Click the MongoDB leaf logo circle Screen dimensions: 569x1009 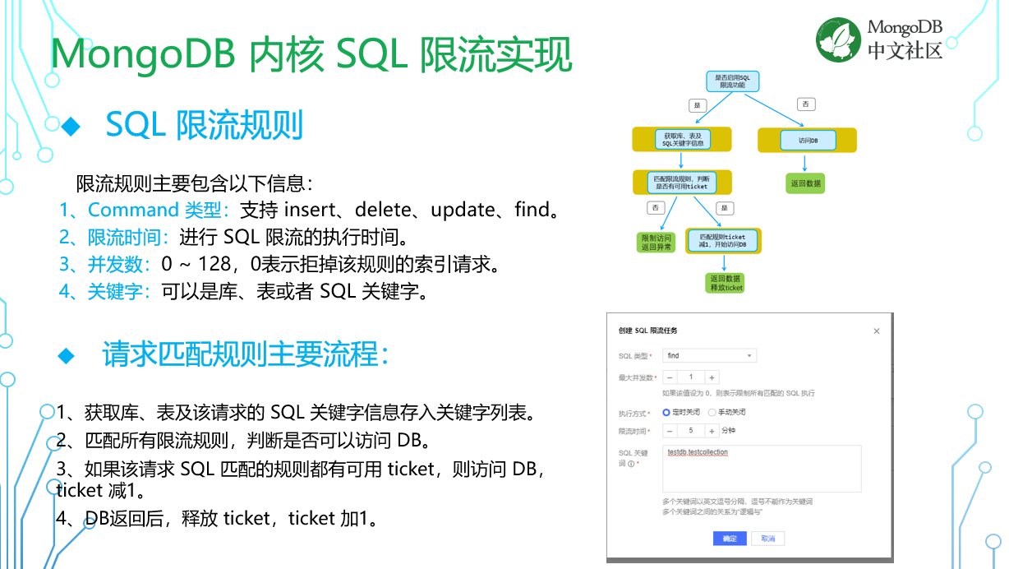click(839, 39)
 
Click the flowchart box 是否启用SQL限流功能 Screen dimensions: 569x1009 click(732, 81)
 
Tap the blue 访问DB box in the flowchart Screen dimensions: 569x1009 click(808, 141)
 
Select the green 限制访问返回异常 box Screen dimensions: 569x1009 click(656, 242)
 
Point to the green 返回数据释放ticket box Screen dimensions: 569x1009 click(726, 283)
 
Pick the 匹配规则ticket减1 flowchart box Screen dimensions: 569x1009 click(722, 240)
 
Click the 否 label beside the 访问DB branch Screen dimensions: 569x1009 click(805, 104)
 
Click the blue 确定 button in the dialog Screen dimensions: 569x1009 click(730, 539)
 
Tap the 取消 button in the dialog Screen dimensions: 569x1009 click(768, 539)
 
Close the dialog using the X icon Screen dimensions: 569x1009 click(876, 331)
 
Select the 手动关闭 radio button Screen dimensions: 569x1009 click(712, 412)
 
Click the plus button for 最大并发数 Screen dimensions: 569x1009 click(712, 377)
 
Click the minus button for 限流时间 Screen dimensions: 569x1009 click(670, 431)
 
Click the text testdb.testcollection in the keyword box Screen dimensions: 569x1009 click(698, 452)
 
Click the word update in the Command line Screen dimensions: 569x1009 click(463, 210)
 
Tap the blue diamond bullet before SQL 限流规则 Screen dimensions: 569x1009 click(71, 126)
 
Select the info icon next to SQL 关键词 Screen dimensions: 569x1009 click(631, 464)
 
